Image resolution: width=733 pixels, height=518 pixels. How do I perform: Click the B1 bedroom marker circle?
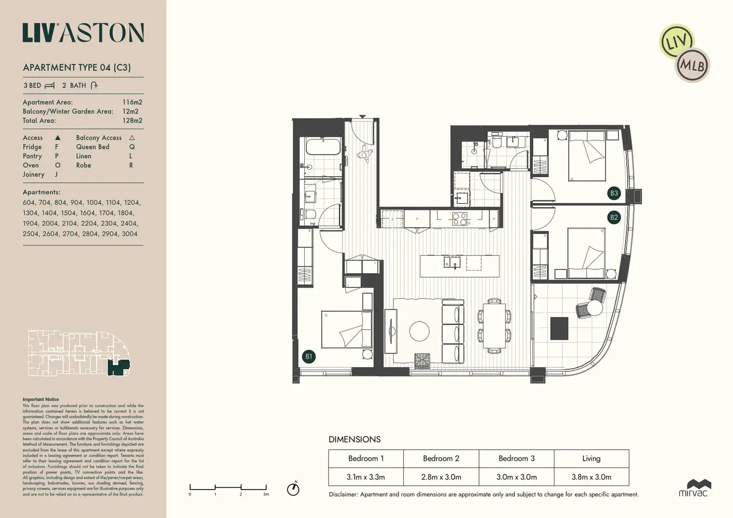(309, 356)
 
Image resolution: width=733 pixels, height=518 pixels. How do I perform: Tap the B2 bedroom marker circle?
(614, 217)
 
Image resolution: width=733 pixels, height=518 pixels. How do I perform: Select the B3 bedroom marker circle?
(614, 193)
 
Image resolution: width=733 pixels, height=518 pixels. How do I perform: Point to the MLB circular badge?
(693, 65)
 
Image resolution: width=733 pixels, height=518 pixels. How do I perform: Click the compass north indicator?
(293, 489)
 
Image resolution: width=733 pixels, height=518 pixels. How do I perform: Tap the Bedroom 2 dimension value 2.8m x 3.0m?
(441, 477)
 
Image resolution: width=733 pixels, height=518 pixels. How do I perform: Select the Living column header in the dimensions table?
(591, 458)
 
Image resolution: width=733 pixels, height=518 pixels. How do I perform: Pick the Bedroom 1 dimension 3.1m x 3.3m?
(366, 477)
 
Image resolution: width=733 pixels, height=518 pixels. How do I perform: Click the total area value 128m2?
(132, 120)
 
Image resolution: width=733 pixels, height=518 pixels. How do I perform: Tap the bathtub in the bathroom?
(323, 147)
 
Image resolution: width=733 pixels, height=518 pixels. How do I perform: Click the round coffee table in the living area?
(419, 331)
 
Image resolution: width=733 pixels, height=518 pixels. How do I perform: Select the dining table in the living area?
(494, 326)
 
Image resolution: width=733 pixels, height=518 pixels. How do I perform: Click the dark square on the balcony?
(559, 328)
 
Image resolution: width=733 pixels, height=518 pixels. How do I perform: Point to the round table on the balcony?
(595, 309)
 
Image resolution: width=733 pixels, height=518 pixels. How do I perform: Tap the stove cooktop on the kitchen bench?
(459, 219)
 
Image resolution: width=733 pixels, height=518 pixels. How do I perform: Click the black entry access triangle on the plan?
(363, 116)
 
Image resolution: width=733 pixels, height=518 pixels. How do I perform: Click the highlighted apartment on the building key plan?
(119, 368)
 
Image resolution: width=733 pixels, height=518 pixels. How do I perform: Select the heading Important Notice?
(41, 399)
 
